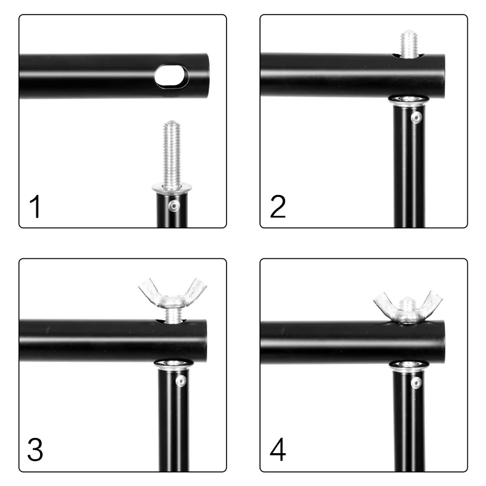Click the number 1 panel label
click(35, 207)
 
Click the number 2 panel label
click(278, 207)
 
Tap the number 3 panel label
click(35, 450)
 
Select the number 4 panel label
click(278, 450)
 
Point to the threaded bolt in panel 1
click(172, 155)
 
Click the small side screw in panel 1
click(174, 205)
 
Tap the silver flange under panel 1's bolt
click(172, 188)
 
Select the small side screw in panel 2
click(416, 117)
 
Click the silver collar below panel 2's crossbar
click(409, 100)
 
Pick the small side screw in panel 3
click(180, 381)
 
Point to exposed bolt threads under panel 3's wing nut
click(172, 316)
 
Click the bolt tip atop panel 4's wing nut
click(408, 302)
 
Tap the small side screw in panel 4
click(416, 383)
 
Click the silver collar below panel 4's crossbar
click(409, 366)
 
